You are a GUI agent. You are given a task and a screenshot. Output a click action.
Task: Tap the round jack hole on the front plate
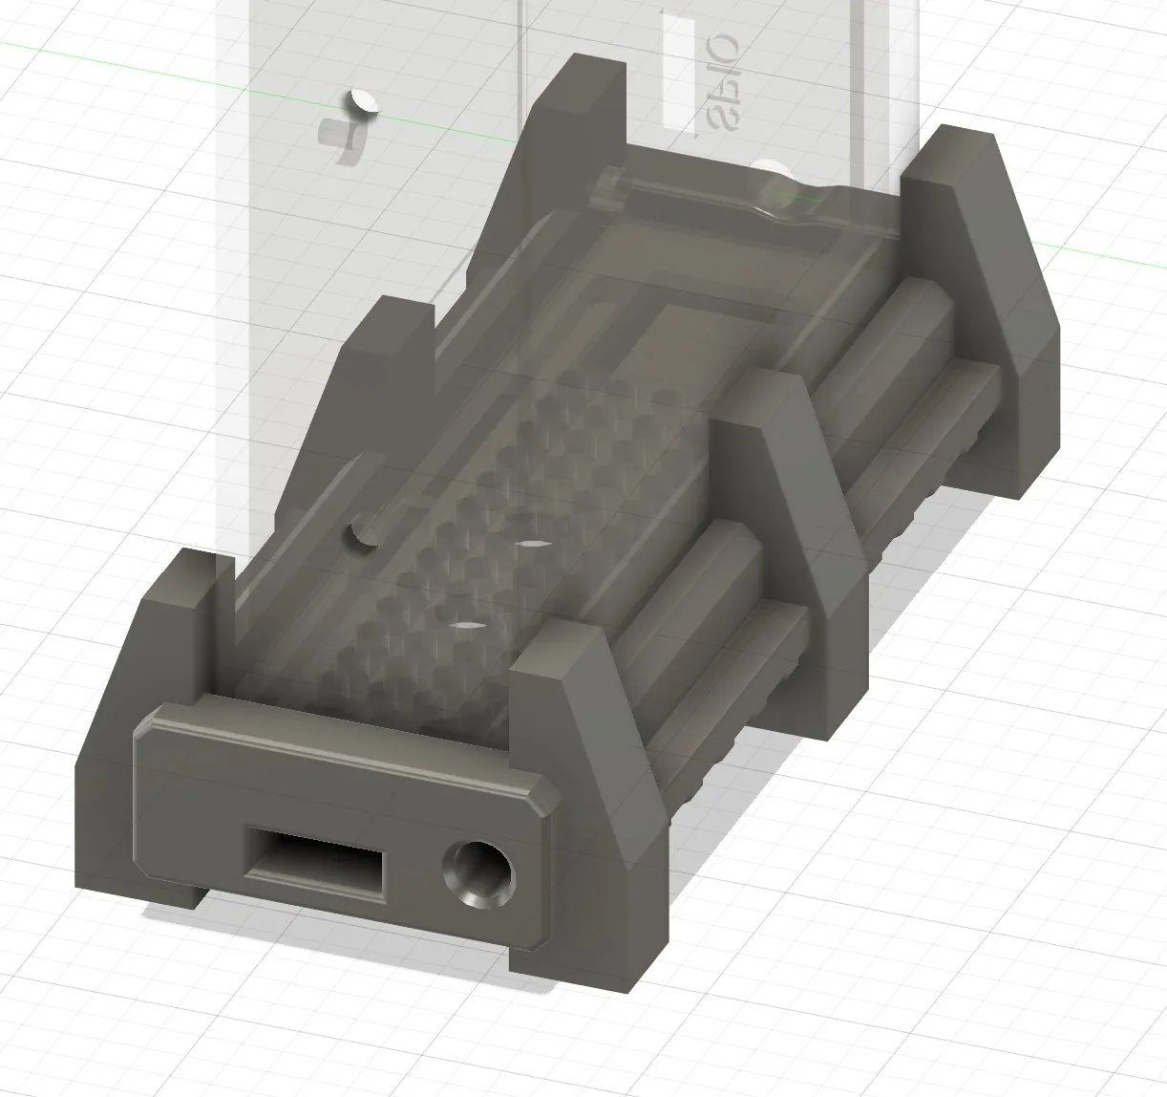tap(477, 873)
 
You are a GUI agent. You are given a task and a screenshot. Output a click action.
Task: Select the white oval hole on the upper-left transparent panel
tap(361, 100)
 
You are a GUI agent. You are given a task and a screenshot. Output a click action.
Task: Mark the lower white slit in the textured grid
tap(464, 626)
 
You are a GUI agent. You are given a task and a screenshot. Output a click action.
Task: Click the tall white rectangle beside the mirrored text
tap(679, 73)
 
